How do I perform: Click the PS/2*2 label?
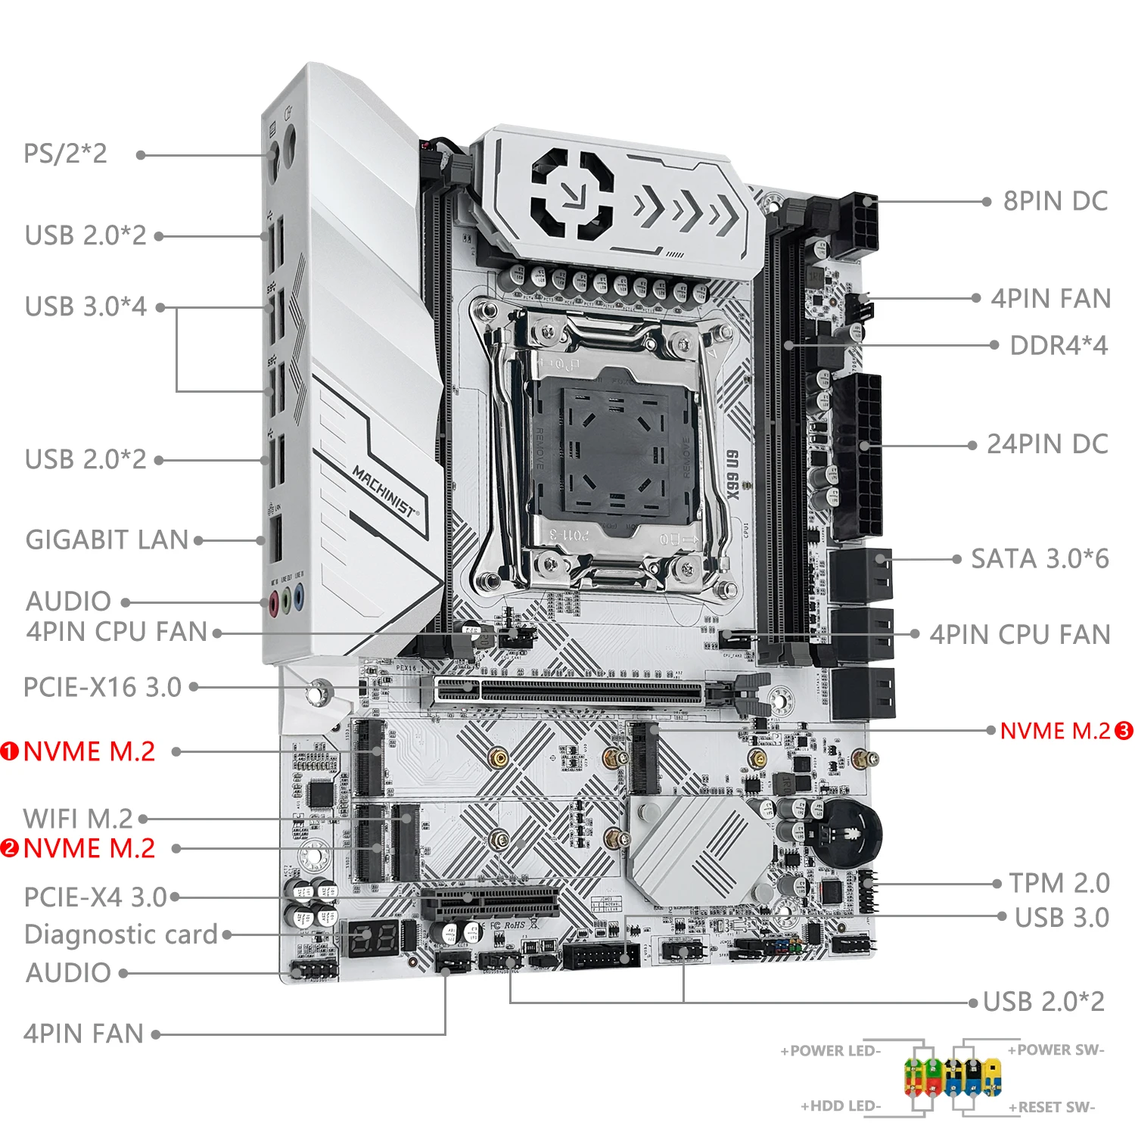pyautogui.click(x=65, y=154)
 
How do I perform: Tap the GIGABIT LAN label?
pyautogui.click(x=107, y=540)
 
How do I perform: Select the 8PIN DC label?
pyautogui.click(x=1055, y=201)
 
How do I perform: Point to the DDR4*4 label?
pyautogui.click(x=1058, y=346)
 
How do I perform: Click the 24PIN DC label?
pyautogui.click(x=1047, y=444)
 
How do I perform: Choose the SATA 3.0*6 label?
pyautogui.click(x=1040, y=559)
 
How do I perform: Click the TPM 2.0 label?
pyautogui.click(x=1059, y=883)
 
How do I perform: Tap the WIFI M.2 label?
pyautogui.click(x=78, y=818)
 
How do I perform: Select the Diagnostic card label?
pyautogui.click(x=121, y=934)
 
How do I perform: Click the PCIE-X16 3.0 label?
pyautogui.click(x=102, y=687)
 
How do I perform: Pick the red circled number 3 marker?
pyautogui.click(x=1124, y=731)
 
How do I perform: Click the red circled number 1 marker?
pyautogui.click(x=10, y=751)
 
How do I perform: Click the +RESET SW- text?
pyautogui.click(x=1051, y=1107)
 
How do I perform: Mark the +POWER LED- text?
pyautogui.click(x=830, y=1051)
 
